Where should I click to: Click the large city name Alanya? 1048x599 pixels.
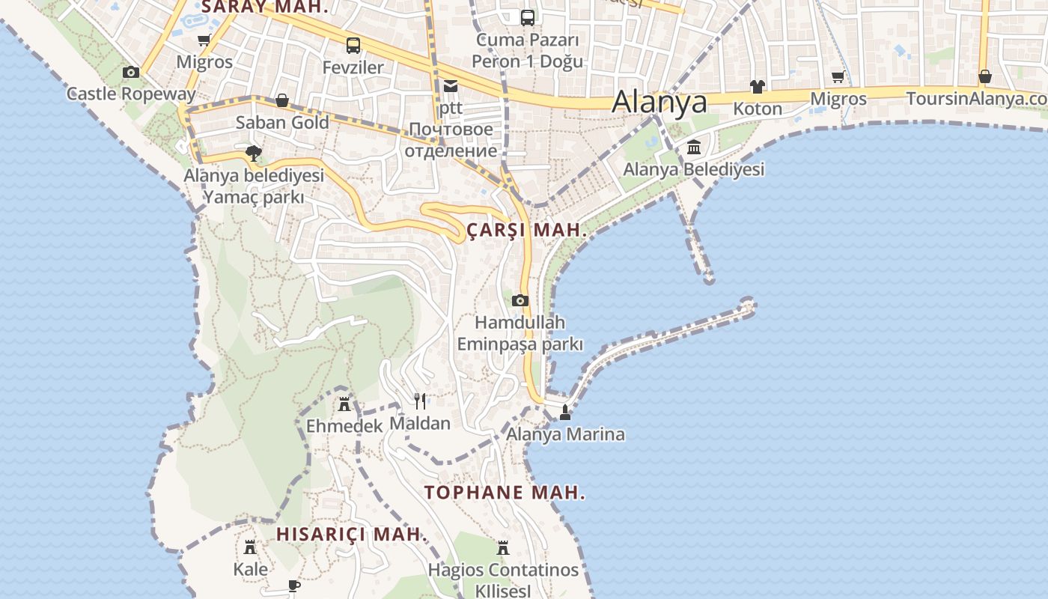click(659, 103)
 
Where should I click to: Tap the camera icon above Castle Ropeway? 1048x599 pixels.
click(131, 72)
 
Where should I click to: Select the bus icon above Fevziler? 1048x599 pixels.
click(353, 46)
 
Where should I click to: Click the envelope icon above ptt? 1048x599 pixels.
click(450, 85)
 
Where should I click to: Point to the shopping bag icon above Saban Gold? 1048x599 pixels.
click(282, 100)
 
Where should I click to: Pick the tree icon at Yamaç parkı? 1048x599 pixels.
click(254, 153)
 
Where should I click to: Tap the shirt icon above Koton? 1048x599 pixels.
click(758, 87)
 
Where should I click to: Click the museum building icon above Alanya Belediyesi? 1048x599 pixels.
click(694, 148)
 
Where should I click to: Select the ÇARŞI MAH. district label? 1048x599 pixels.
click(526, 231)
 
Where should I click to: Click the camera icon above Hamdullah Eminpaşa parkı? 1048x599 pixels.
click(520, 301)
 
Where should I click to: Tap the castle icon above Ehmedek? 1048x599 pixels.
click(344, 404)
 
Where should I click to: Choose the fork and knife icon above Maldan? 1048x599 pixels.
click(420, 401)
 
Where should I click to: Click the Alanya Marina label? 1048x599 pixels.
click(565, 434)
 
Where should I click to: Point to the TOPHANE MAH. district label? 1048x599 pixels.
click(505, 493)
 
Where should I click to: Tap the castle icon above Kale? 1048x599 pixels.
click(250, 547)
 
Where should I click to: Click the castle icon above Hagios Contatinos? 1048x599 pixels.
click(503, 548)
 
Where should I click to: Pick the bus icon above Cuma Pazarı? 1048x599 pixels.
click(528, 17)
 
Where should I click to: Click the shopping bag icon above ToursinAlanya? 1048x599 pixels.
click(985, 76)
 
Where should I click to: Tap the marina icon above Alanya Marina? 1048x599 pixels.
click(565, 412)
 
